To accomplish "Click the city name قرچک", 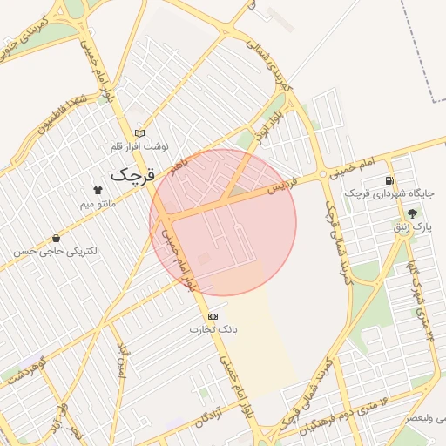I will (x=132, y=173).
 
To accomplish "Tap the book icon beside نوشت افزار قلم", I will (x=140, y=132).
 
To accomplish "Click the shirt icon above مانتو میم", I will (x=97, y=190).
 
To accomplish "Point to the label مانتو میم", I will (x=98, y=204).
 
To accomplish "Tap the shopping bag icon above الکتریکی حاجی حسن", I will (x=57, y=238).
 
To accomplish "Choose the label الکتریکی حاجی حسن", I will (x=57, y=252).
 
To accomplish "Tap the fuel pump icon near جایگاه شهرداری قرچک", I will (x=389, y=181).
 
